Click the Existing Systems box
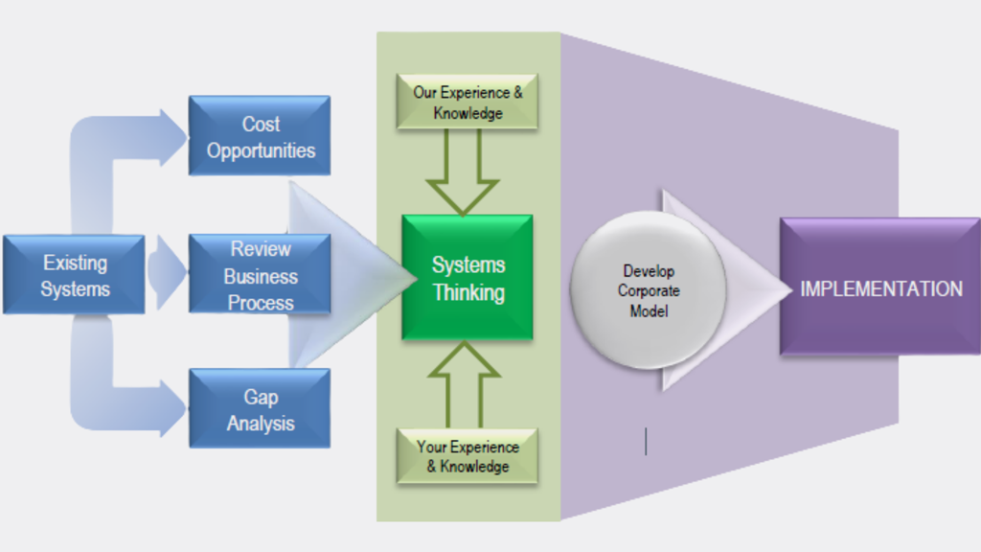(x=74, y=275)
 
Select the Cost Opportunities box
(x=260, y=136)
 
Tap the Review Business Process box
(x=260, y=275)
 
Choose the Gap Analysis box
(x=260, y=409)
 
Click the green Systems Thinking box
(x=468, y=278)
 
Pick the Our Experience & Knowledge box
(x=467, y=103)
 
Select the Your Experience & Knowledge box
(x=468, y=456)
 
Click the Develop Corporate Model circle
(x=648, y=290)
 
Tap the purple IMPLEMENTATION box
(x=879, y=287)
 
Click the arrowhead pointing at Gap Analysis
(x=174, y=409)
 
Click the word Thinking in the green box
(x=468, y=292)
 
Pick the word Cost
(x=261, y=125)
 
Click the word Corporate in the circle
(x=648, y=290)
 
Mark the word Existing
(x=75, y=263)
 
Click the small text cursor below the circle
(x=646, y=441)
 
